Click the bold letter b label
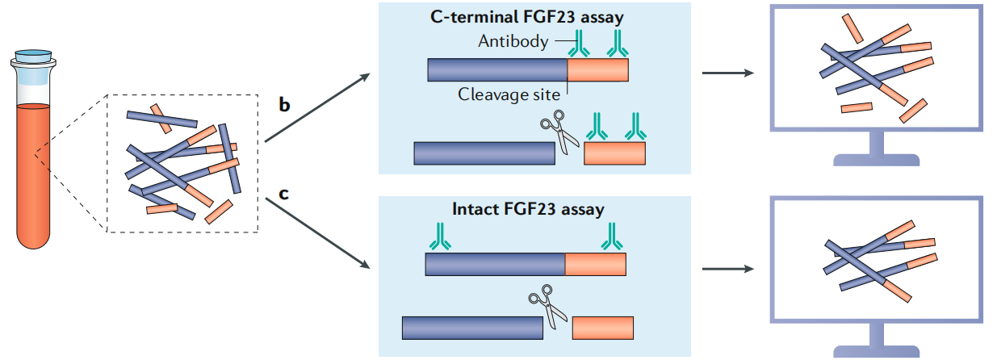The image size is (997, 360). (x=285, y=106)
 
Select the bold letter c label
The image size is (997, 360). (x=284, y=194)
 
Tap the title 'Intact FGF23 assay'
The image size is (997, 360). (x=529, y=210)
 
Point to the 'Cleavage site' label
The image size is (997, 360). (x=509, y=94)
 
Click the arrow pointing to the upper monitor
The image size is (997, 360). (x=729, y=74)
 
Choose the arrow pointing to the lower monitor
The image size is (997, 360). (x=729, y=268)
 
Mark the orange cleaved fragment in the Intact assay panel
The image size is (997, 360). (x=602, y=328)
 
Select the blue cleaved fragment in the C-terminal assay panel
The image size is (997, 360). (x=484, y=153)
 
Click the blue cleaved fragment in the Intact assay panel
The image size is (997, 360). (x=472, y=328)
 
